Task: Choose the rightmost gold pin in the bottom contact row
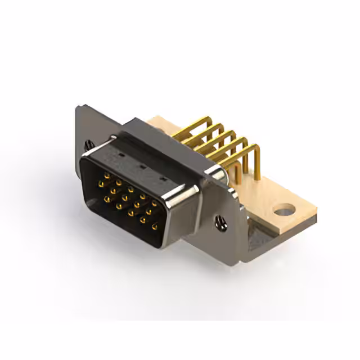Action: coord(154,226)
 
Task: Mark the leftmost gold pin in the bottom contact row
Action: coord(119,206)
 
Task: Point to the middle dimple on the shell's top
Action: coord(142,167)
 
